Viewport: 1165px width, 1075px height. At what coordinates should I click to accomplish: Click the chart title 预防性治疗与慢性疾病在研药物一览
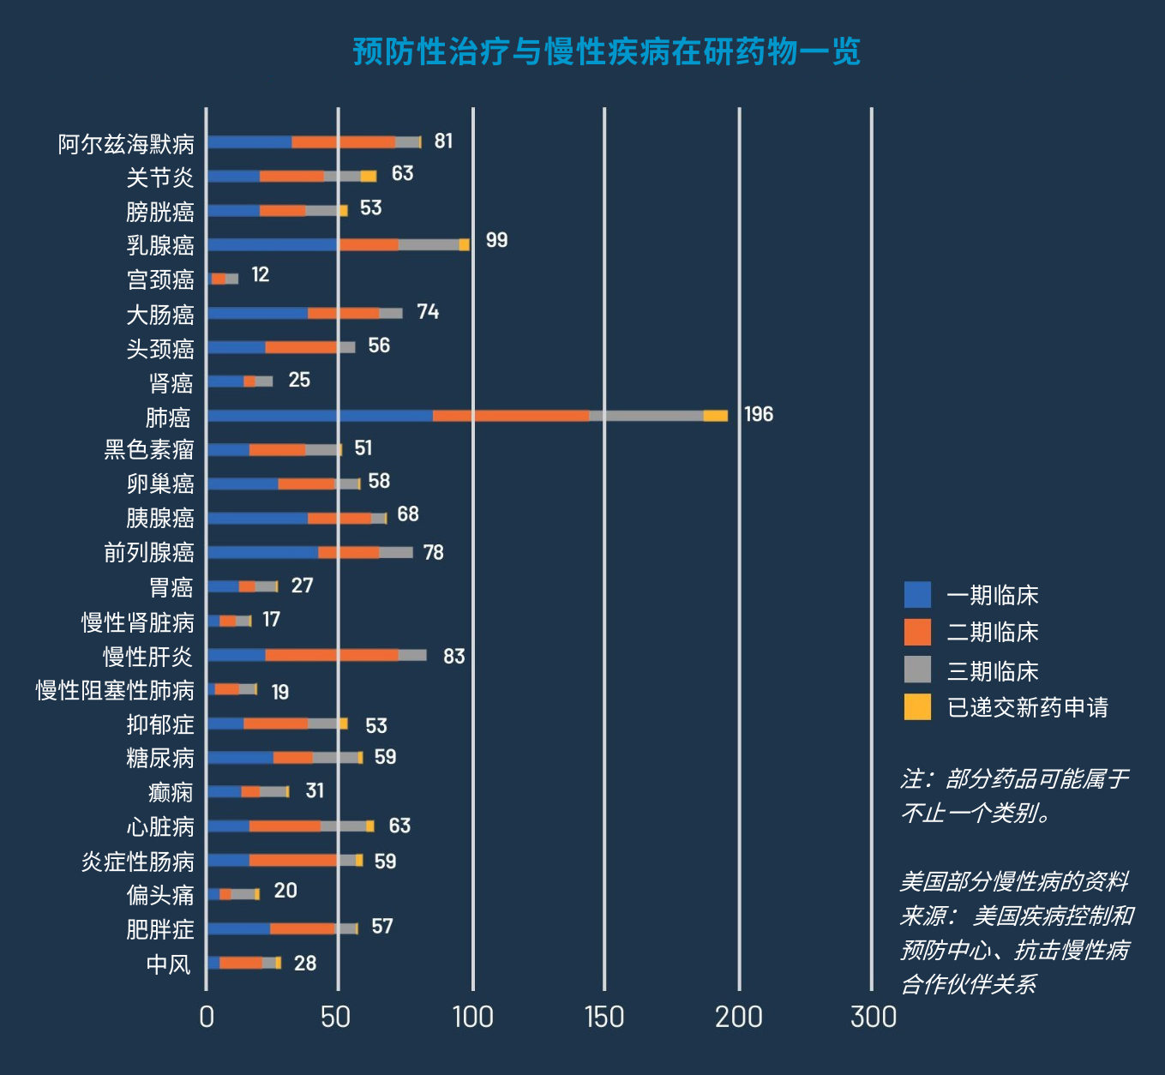606,52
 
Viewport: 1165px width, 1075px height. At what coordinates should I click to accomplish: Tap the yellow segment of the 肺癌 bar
715,416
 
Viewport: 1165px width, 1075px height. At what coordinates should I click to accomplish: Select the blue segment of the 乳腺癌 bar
273,244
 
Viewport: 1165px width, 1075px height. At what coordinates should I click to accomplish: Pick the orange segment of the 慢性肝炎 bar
332,655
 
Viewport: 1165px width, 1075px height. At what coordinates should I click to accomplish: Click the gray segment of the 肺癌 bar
646,416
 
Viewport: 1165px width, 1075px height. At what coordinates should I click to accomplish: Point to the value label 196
758,415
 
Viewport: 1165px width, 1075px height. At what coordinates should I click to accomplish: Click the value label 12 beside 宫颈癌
260,275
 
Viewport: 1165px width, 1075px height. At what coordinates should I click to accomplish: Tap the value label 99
496,241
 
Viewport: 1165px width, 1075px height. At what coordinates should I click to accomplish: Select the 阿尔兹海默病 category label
126,144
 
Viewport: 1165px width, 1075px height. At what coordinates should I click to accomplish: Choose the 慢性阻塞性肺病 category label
115,691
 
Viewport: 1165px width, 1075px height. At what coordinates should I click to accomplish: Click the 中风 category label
168,964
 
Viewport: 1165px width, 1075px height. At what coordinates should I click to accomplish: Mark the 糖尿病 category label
160,759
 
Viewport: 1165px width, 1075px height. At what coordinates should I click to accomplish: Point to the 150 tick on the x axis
604,1018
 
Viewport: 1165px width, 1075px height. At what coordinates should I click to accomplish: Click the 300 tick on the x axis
873,1018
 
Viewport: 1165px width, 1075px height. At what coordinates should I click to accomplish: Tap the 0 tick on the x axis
206,1018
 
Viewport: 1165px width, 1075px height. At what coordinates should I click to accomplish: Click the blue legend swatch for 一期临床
917,595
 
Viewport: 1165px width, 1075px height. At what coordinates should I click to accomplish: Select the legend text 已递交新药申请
1027,707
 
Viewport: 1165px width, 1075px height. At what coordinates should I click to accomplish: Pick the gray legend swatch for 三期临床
917,670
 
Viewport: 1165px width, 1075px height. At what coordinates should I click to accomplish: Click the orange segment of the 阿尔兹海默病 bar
343,142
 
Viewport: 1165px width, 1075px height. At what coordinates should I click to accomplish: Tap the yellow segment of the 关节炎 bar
368,177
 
